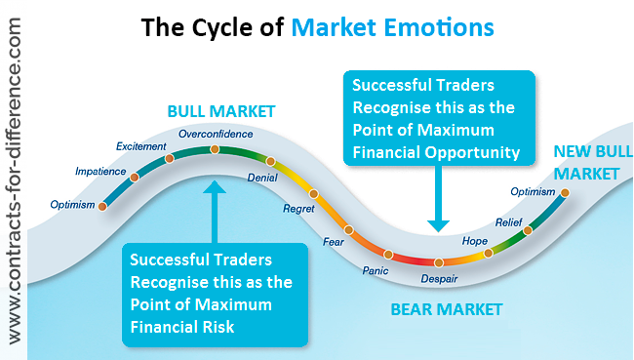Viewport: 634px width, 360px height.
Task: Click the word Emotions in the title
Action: (x=431, y=26)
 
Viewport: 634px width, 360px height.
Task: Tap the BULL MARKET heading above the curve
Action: (x=221, y=111)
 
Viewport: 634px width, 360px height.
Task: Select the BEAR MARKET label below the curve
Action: (x=447, y=310)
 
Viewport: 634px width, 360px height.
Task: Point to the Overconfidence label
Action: (x=216, y=133)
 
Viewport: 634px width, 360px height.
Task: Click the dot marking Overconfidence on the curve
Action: (x=215, y=149)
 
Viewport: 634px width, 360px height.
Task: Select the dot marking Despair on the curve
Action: (x=439, y=262)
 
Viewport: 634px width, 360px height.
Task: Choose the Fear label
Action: (x=335, y=241)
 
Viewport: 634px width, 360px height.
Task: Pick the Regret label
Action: (x=297, y=209)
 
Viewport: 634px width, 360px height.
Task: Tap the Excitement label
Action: (x=135, y=146)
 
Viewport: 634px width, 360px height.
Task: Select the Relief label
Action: (x=509, y=222)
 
